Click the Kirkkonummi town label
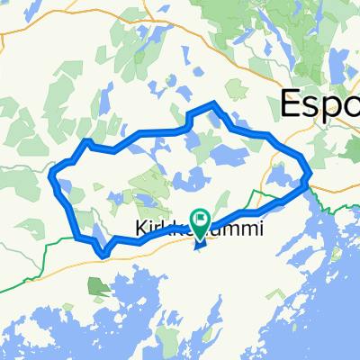click(x=200, y=230)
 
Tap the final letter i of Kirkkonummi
click(x=262, y=230)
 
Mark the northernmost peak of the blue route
click(x=212, y=105)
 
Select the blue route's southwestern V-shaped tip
click(x=104, y=254)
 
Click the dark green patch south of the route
click(x=95, y=286)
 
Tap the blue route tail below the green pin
click(x=199, y=240)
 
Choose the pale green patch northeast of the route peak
click(x=236, y=87)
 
